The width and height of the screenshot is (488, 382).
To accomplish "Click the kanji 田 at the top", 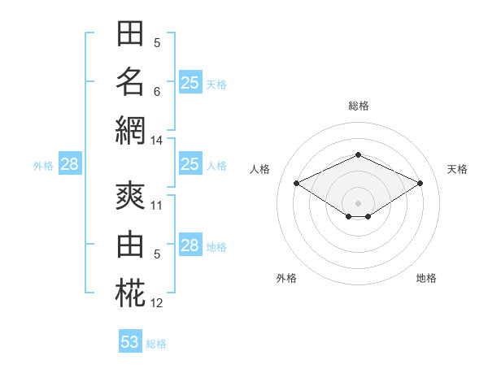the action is [x=130, y=33].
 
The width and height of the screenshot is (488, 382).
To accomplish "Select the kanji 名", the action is [x=130, y=81].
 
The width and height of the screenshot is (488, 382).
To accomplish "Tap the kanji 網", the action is [x=130, y=130].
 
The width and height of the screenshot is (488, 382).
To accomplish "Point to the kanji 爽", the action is [x=130, y=196].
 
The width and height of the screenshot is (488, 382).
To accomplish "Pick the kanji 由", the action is [x=130, y=244].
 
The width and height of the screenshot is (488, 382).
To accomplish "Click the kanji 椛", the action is [x=130, y=293].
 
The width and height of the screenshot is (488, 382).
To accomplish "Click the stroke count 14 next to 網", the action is [x=156, y=141].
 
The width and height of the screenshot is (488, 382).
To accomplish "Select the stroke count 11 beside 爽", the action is [x=156, y=206].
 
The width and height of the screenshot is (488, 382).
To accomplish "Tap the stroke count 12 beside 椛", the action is [x=156, y=303].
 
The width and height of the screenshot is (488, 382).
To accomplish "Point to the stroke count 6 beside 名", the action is [x=157, y=92].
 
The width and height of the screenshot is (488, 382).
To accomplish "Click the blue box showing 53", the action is [x=130, y=341].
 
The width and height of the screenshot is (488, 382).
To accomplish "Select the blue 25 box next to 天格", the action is [x=190, y=82].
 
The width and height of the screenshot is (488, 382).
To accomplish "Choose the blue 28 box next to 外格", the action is [x=70, y=163].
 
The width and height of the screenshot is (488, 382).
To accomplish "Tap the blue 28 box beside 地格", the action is [x=190, y=244].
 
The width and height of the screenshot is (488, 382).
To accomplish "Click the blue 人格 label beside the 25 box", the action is [x=216, y=166].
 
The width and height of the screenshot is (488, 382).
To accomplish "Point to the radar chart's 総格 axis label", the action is [x=359, y=106].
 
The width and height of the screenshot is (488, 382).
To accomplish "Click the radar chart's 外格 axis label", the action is [x=286, y=278].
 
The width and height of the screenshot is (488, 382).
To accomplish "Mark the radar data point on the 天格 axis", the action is [x=420, y=184].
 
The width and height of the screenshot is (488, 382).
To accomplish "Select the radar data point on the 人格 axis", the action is [x=297, y=184].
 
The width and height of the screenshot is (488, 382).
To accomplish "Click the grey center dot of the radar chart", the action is [x=358, y=204].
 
